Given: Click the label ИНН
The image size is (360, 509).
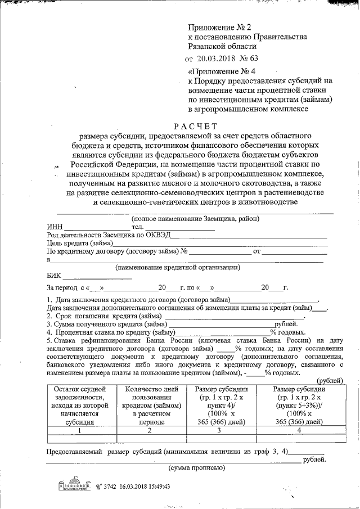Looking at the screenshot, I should (x=55, y=226).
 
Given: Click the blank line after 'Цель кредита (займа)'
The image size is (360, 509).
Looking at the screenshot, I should (x=219, y=244).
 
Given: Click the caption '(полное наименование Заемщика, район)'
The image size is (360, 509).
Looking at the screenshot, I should (x=195, y=218).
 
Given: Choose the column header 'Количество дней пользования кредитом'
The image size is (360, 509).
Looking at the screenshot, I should (x=150, y=405).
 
